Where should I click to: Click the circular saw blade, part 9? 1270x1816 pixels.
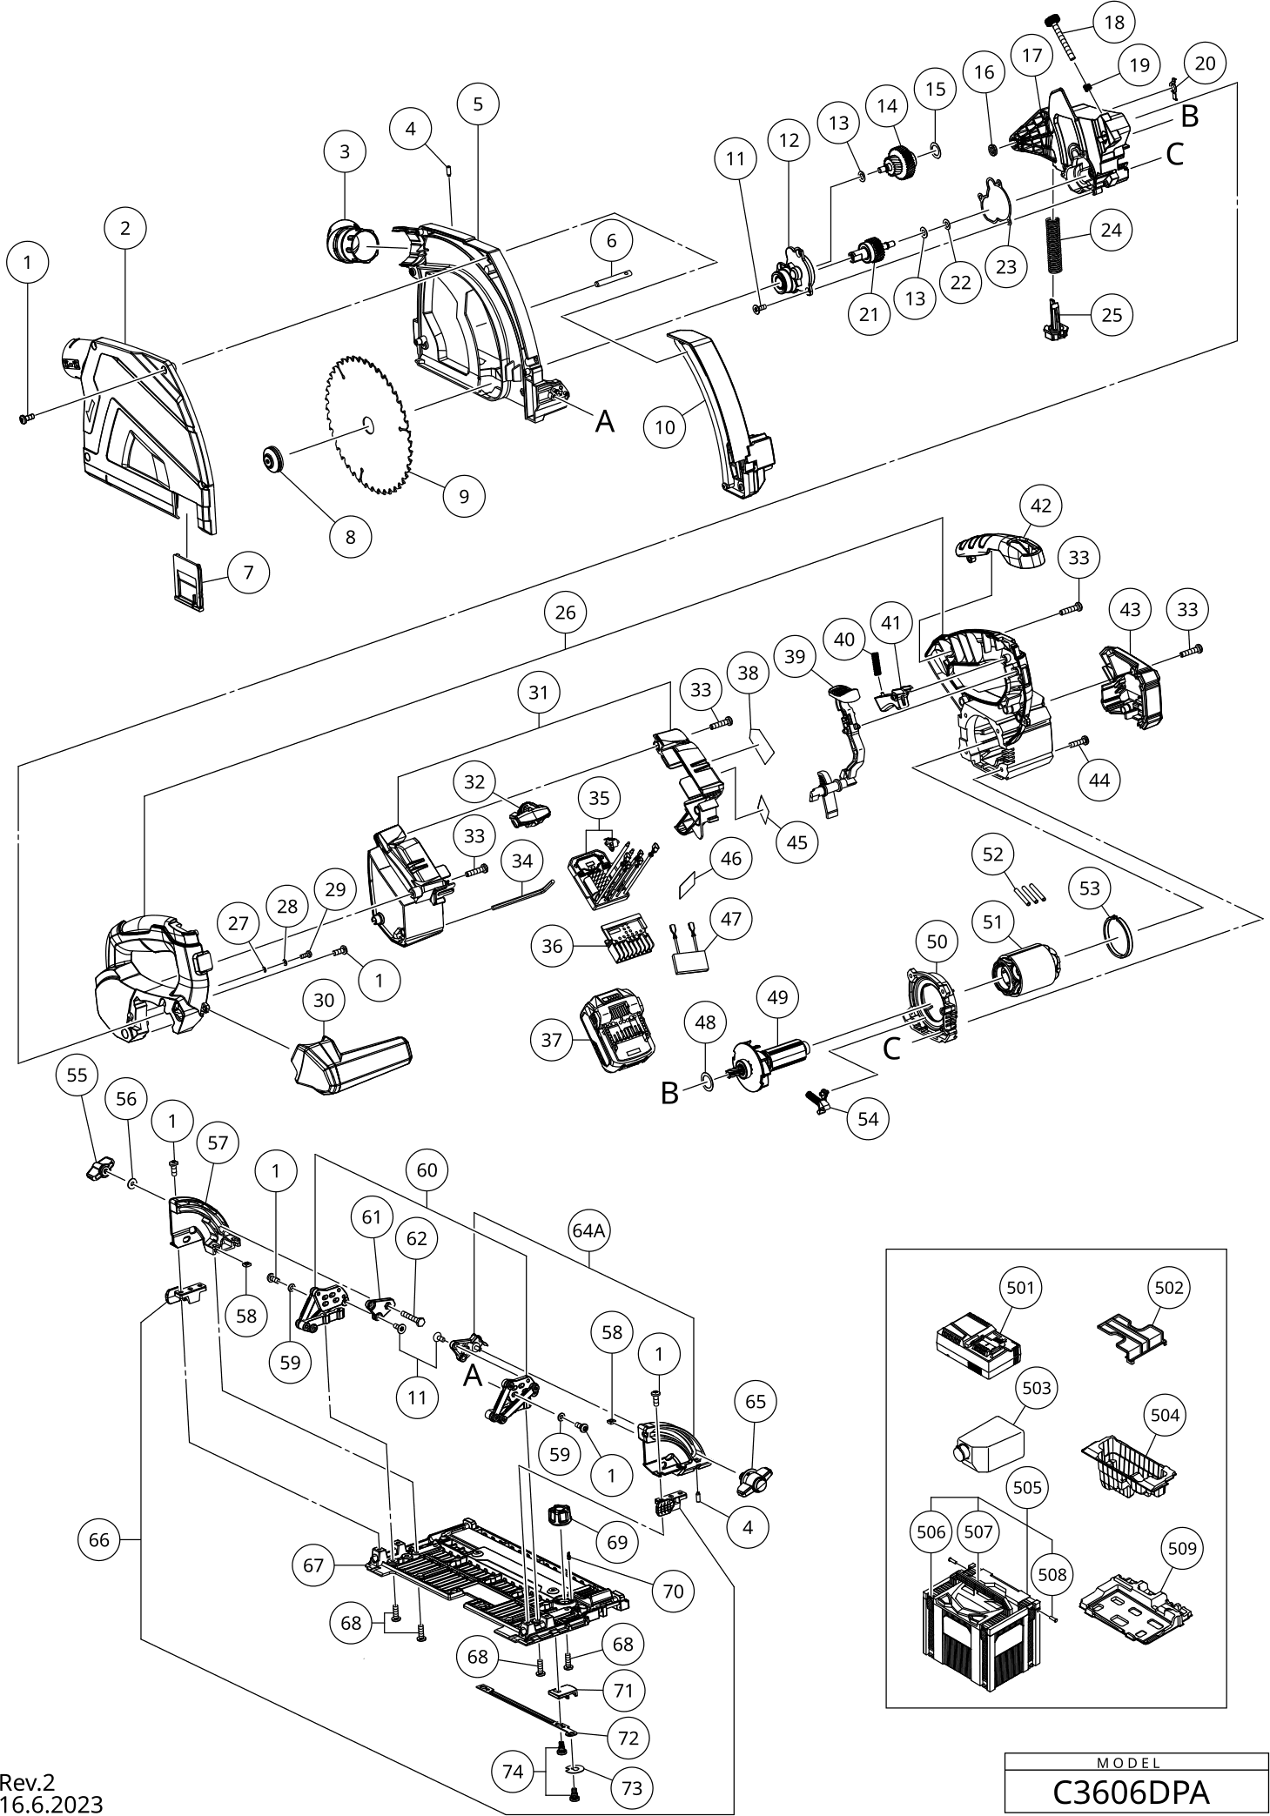(x=367, y=424)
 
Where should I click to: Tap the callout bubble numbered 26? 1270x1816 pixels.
(x=565, y=613)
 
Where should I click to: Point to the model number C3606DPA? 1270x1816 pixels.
(x=1130, y=1793)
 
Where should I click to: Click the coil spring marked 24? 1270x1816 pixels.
(x=1055, y=245)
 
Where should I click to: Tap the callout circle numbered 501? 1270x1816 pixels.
(x=1020, y=1285)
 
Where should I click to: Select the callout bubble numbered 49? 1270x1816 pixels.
(x=777, y=996)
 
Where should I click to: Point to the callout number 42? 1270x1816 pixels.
(x=1041, y=506)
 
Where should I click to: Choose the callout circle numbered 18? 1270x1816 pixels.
(x=1115, y=23)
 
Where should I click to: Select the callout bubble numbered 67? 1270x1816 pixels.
(x=313, y=1565)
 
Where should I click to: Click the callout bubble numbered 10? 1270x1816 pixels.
(x=665, y=427)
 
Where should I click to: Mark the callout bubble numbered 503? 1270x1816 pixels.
(x=1037, y=1388)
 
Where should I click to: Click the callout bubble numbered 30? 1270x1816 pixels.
(x=323, y=1001)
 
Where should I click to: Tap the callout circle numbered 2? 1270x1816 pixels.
(x=125, y=228)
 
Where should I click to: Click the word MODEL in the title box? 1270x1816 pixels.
(x=1130, y=1763)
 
